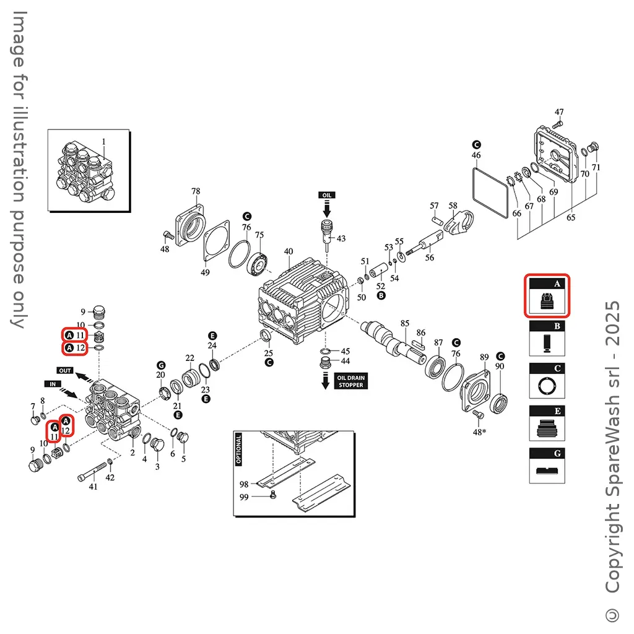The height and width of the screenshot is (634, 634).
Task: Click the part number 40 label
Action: click(288, 251)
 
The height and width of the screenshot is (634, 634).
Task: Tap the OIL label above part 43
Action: click(327, 195)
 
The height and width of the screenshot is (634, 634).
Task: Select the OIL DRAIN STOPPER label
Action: click(350, 381)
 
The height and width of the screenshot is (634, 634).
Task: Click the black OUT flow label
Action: click(66, 370)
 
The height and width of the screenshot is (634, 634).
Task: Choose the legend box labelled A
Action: click(547, 296)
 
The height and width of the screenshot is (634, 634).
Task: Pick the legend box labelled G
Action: click(547, 465)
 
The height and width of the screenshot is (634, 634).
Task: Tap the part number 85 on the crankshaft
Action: click(405, 323)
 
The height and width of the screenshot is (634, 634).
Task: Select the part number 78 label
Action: click(196, 191)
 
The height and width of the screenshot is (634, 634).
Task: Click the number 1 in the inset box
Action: click(104, 141)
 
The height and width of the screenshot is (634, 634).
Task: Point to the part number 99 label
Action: click(244, 497)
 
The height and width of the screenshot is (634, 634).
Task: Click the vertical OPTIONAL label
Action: click(239, 449)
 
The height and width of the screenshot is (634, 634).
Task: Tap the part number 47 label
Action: click(559, 112)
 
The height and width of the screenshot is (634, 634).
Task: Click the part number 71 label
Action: click(596, 167)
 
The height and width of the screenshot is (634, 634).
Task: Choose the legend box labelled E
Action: click(547, 423)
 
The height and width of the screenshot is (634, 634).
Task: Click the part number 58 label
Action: click(453, 206)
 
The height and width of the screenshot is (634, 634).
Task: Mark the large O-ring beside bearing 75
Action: click(238, 253)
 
